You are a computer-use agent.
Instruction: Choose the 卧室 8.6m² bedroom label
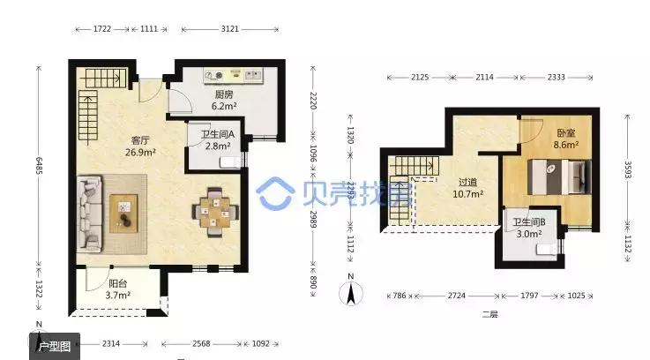pyautogui.click(x=565, y=138)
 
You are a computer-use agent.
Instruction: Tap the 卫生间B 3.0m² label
pyautogui.click(x=527, y=229)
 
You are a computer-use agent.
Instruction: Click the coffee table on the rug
pyautogui.click(x=124, y=213)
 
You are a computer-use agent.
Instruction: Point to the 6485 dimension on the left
pyautogui.click(x=39, y=164)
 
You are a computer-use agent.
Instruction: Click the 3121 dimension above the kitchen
pyautogui.click(x=230, y=29)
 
